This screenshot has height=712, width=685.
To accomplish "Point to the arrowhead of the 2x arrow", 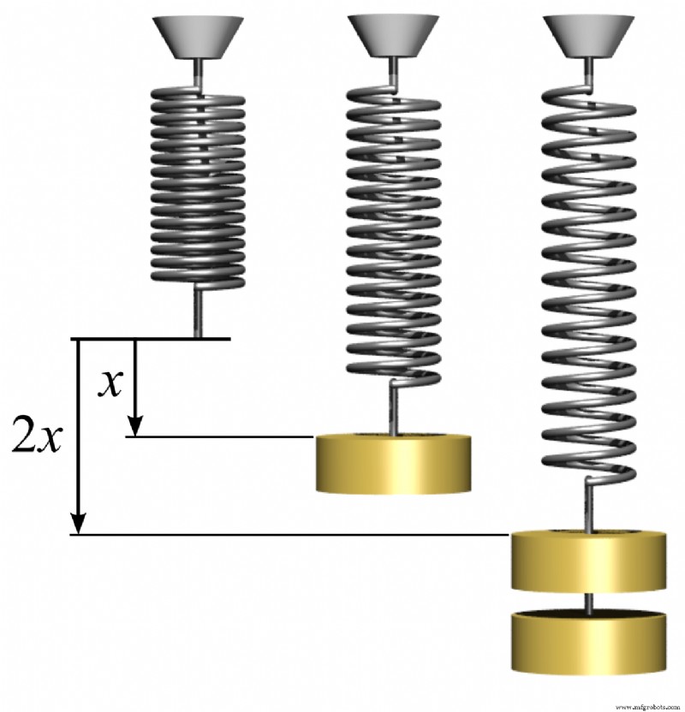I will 79,523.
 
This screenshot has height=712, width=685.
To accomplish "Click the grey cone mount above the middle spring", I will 394,36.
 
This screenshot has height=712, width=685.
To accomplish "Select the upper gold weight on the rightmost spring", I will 589,561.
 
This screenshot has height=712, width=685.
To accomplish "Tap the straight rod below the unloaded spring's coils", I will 198,311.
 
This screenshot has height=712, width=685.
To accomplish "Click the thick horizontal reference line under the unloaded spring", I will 154,339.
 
